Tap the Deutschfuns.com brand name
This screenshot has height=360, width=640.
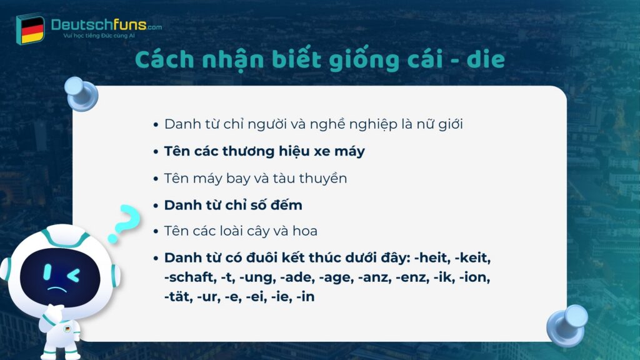pyautogui.click(x=97, y=25)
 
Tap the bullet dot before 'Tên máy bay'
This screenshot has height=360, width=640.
pyautogui.click(x=156, y=178)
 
